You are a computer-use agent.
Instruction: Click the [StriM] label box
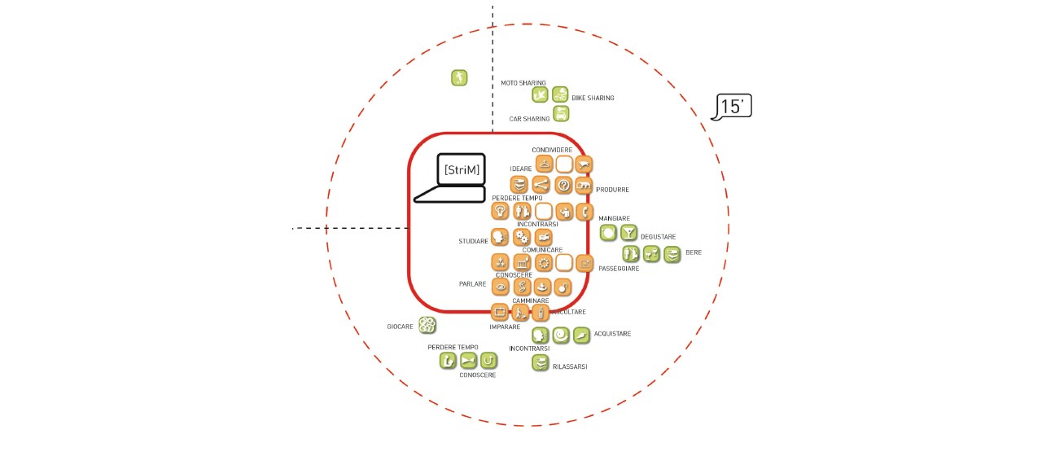[x=462, y=170]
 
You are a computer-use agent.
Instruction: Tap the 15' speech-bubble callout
[x=732, y=107]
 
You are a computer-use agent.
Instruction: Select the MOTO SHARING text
[x=523, y=83]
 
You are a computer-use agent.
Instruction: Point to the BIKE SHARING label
[x=593, y=98]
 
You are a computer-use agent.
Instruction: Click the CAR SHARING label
[x=529, y=119]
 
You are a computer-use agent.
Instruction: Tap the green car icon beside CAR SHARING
[x=561, y=113]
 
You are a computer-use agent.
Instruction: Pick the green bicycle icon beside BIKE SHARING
[x=560, y=94]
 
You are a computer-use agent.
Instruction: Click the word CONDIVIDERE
[x=552, y=150]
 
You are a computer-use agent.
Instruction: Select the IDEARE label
[x=520, y=169]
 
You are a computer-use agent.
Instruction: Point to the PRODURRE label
[x=612, y=190]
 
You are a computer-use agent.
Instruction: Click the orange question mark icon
[x=563, y=185]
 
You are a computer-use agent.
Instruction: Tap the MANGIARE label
[x=614, y=218]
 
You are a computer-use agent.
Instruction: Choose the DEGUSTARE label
[x=659, y=237]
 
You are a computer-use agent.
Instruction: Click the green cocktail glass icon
[x=629, y=232]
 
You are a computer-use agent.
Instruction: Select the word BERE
[x=694, y=252]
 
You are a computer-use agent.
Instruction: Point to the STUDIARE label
[x=473, y=241]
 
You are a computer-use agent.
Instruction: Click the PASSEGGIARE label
[x=619, y=269]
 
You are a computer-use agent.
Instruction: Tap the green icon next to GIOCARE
[x=427, y=325]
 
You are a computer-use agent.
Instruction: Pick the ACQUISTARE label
[x=612, y=334]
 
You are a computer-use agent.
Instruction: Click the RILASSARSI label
[x=570, y=366]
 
